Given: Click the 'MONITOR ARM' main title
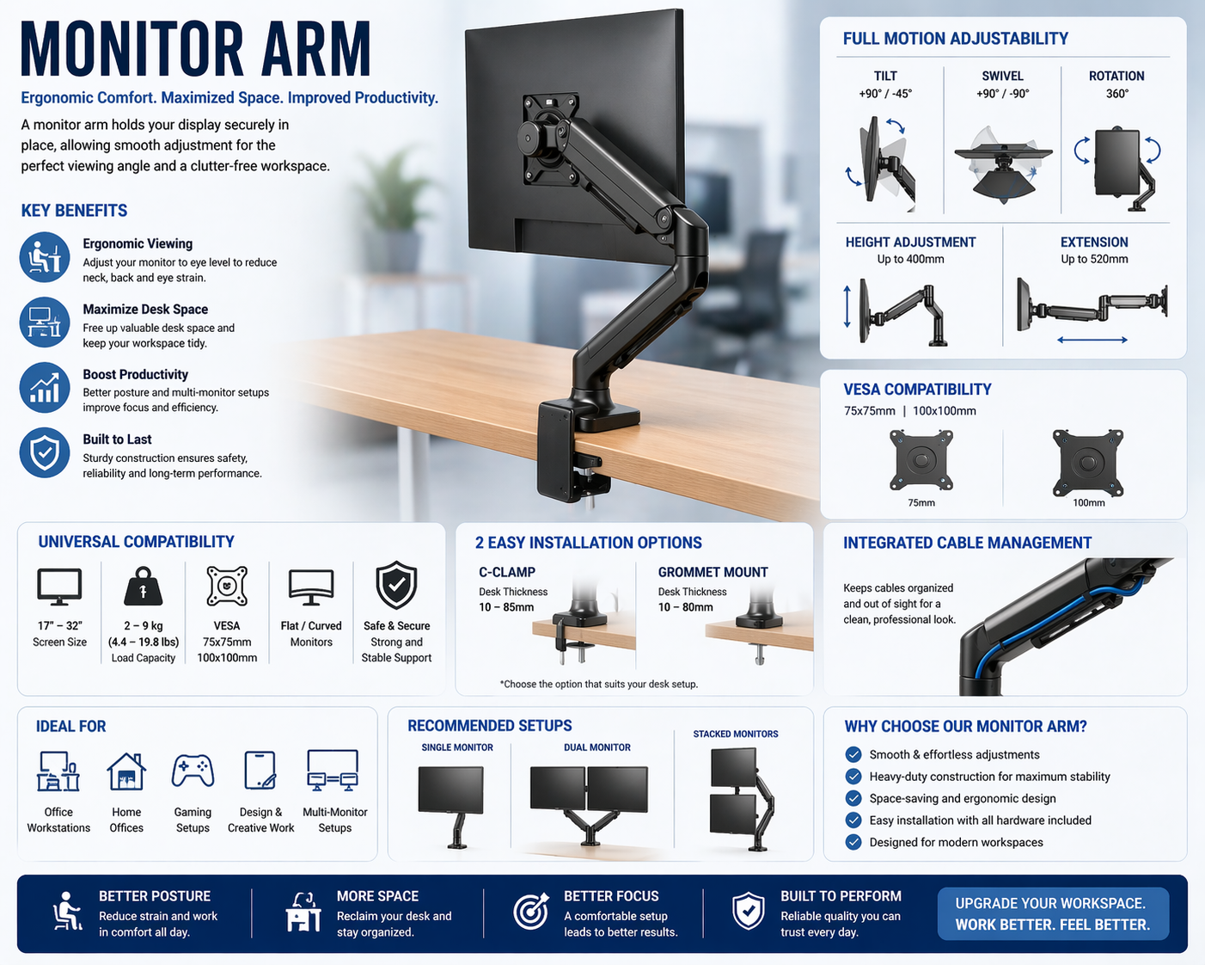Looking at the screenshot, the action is pos(195,49).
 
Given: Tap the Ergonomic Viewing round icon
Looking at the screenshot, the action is pos(45,257).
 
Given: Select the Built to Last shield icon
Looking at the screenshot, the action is pos(45,452).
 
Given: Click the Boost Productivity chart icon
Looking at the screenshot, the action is pos(45,387).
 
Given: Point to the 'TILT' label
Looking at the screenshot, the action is pos(885,77).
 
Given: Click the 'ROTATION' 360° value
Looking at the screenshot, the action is pos(1117,94).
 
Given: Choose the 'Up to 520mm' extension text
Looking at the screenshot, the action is pos(1094,259).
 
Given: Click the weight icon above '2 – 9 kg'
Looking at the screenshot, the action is pos(144,587).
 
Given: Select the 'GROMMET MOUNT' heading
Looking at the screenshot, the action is pos(713,572).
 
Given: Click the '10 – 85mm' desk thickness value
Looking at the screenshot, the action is pos(506,607).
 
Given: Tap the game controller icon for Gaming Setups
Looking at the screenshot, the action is pos(193,771).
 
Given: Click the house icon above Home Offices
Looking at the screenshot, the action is pos(126,771).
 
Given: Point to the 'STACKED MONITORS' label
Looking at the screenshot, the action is pos(736,735).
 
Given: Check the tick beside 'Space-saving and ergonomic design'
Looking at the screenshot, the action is pos(853,798).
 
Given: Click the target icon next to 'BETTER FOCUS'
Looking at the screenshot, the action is pos(531,911).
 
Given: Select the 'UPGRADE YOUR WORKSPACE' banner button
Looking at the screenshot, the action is pos(1053,913).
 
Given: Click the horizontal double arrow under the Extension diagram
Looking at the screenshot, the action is pos(1092,340).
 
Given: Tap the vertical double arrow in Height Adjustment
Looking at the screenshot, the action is pos(847,306).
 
